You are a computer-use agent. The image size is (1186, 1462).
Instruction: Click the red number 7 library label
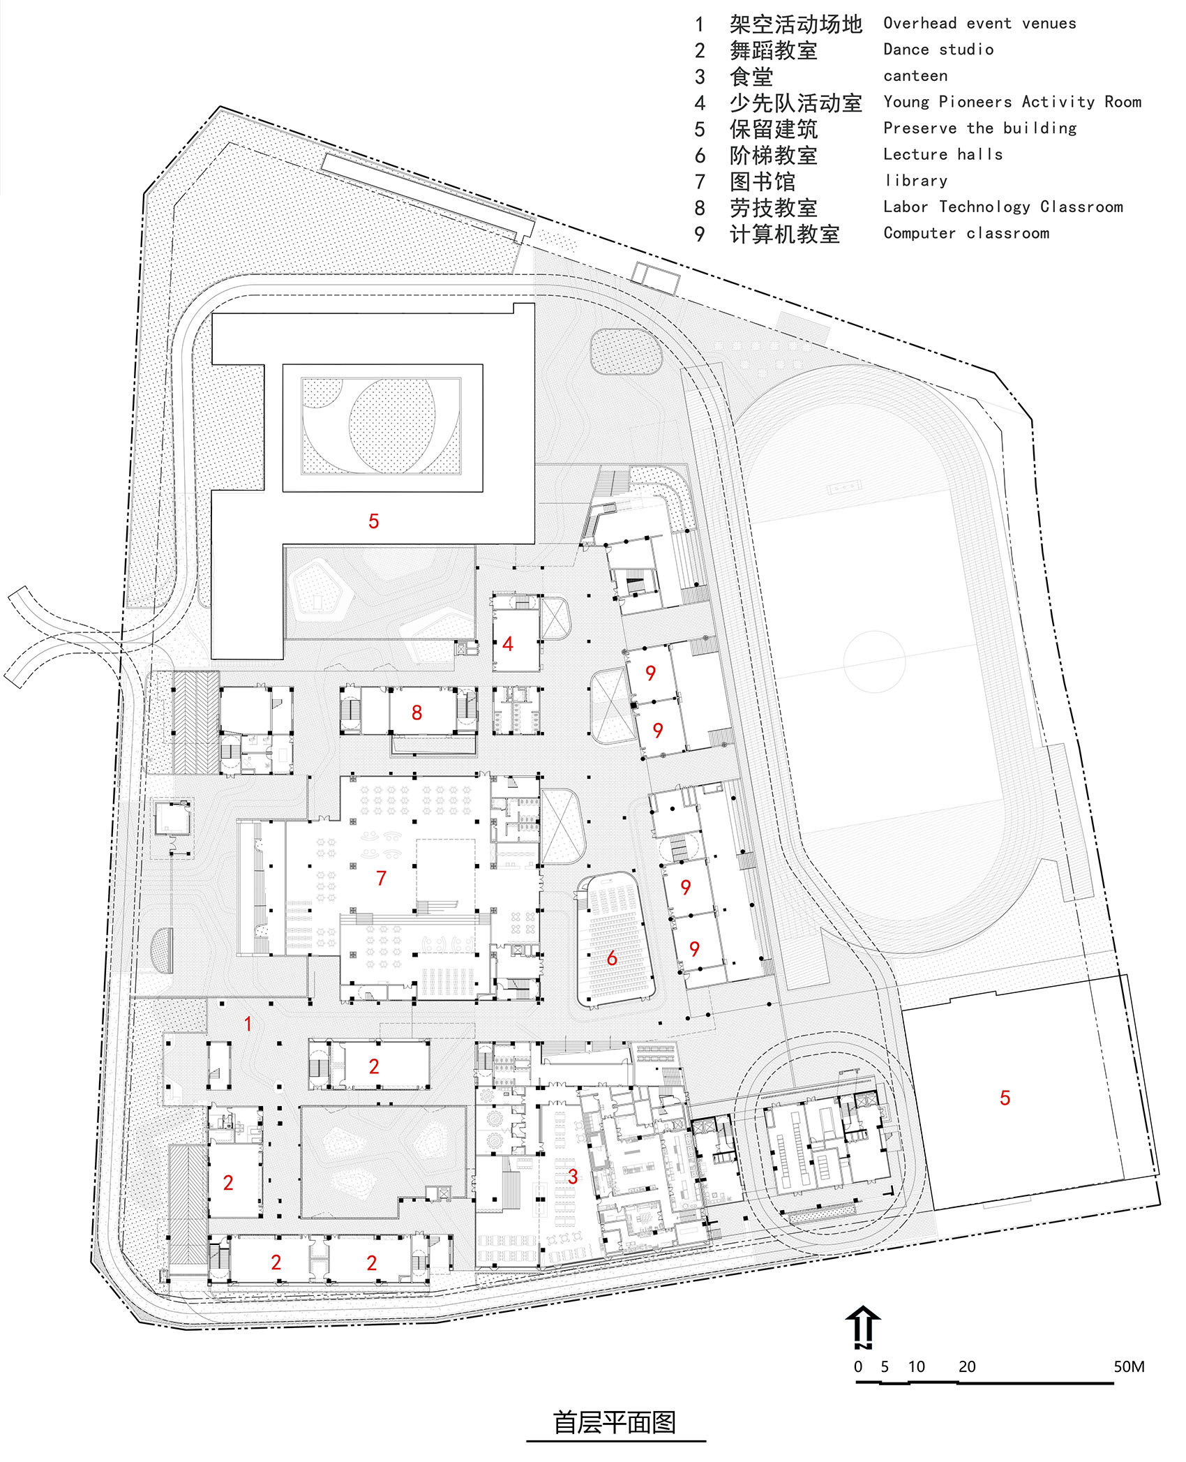click(381, 878)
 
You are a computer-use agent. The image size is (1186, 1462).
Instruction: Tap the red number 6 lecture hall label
click(612, 958)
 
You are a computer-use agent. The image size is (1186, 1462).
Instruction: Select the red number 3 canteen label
click(573, 1177)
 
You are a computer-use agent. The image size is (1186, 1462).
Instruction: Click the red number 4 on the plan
click(508, 644)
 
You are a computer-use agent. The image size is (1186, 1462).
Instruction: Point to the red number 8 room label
click(416, 713)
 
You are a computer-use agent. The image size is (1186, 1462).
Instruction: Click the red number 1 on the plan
click(248, 1024)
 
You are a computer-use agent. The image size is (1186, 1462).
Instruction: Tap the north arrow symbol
click(863, 1326)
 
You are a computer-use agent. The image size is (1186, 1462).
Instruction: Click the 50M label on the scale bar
click(1128, 1367)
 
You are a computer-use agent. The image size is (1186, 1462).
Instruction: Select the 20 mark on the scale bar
click(966, 1367)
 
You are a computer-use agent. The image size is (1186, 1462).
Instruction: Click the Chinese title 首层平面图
click(615, 1423)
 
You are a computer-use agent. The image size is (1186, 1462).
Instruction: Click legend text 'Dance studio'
click(938, 50)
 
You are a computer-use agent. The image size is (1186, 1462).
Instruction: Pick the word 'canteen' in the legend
click(915, 76)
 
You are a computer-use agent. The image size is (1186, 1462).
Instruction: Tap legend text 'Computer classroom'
click(966, 233)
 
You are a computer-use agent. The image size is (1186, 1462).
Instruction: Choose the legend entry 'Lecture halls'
click(943, 154)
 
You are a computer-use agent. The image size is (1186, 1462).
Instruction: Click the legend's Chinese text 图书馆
click(762, 181)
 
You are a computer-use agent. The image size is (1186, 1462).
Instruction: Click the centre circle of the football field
click(874, 661)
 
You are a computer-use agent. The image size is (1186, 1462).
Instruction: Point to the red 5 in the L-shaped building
click(373, 521)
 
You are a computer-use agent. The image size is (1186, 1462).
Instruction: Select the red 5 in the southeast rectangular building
click(1005, 1098)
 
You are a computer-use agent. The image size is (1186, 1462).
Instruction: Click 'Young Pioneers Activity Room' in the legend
click(1012, 102)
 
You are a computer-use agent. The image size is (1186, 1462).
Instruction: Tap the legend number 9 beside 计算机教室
click(700, 234)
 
